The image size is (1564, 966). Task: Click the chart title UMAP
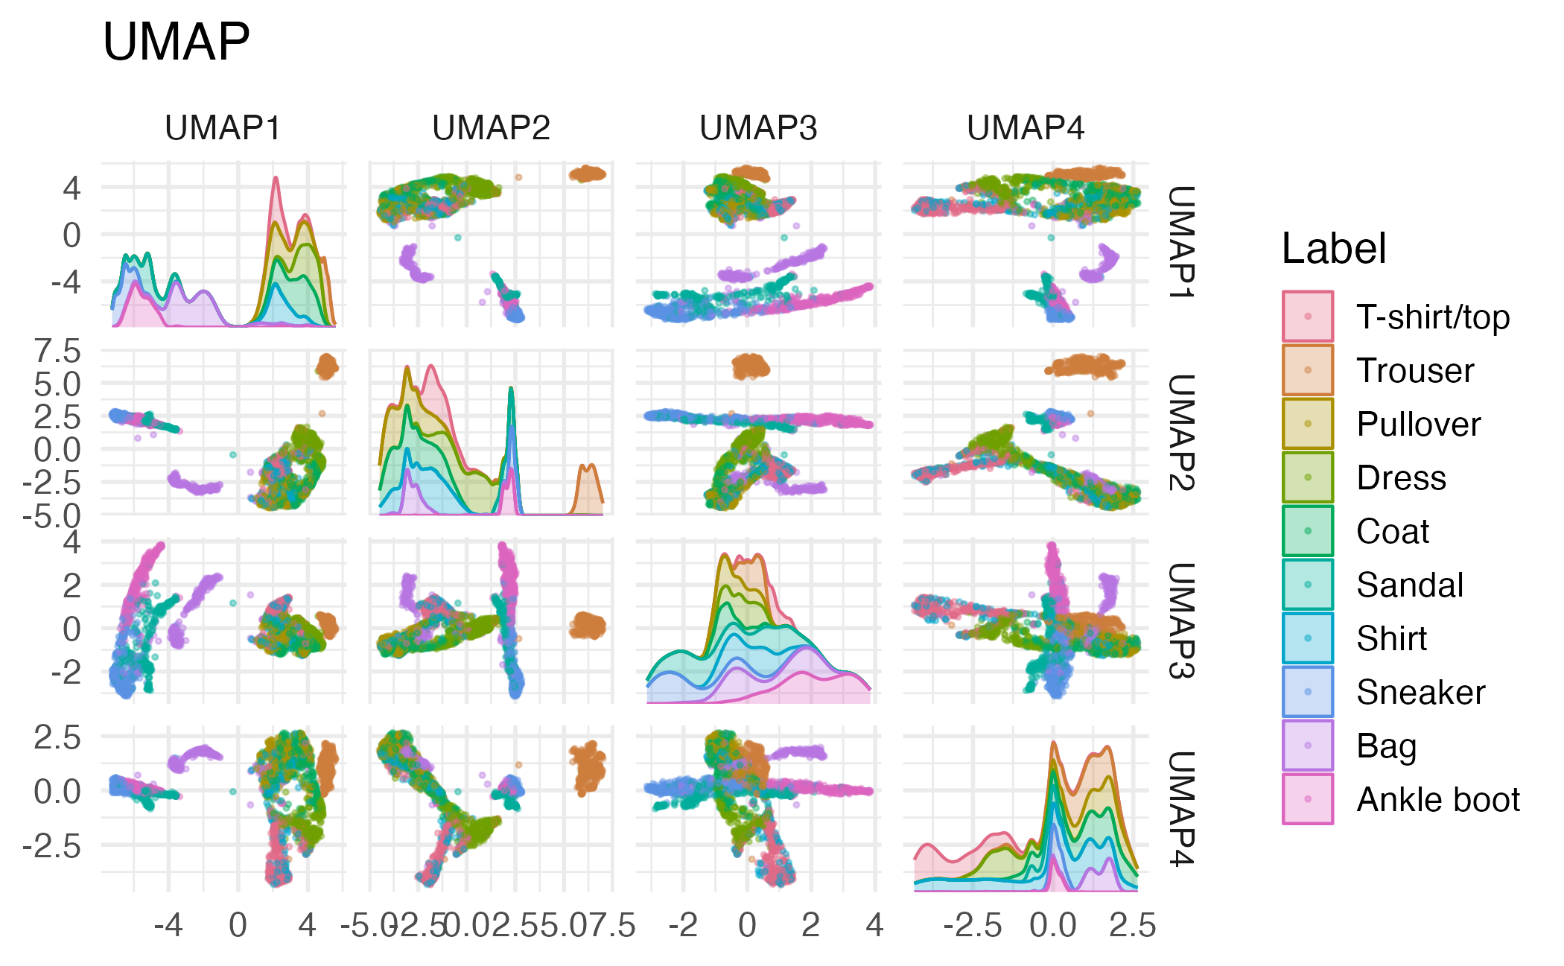pos(176,42)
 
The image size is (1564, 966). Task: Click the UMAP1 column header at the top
pos(223,128)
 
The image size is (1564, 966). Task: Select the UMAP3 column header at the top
pos(758,128)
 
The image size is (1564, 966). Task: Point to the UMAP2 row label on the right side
pos(1181,432)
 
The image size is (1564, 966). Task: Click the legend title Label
pos(1333,248)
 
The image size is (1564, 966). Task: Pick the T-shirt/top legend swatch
pos(1308,317)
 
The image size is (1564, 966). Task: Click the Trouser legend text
pos(1415,370)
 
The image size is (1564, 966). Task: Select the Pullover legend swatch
pos(1308,424)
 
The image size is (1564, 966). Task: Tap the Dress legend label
pos(1401,477)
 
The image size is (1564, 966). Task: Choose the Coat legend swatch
pos(1308,531)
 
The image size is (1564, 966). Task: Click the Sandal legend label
pos(1410,585)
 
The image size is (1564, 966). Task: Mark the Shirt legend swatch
pos(1308,638)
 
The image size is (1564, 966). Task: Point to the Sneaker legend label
pos(1420,692)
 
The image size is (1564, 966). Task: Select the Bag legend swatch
pos(1308,746)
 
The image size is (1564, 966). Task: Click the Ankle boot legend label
pos(1438,799)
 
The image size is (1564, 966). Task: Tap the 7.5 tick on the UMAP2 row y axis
pos(58,351)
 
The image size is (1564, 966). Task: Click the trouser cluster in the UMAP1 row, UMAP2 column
pos(588,174)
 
